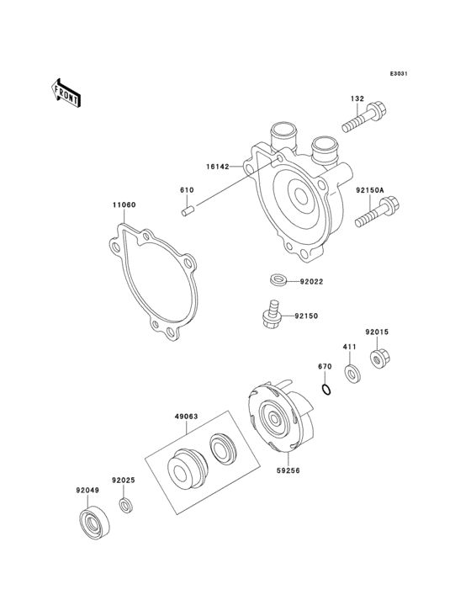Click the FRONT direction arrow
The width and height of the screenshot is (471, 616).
click(x=67, y=92)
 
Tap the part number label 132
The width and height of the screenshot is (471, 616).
click(x=357, y=99)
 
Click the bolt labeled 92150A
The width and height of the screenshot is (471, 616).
click(x=376, y=213)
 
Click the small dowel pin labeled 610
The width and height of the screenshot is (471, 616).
click(x=188, y=210)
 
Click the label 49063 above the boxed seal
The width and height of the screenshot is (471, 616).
click(x=188, y=414)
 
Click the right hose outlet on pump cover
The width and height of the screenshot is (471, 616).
click(x=324, y=149)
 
